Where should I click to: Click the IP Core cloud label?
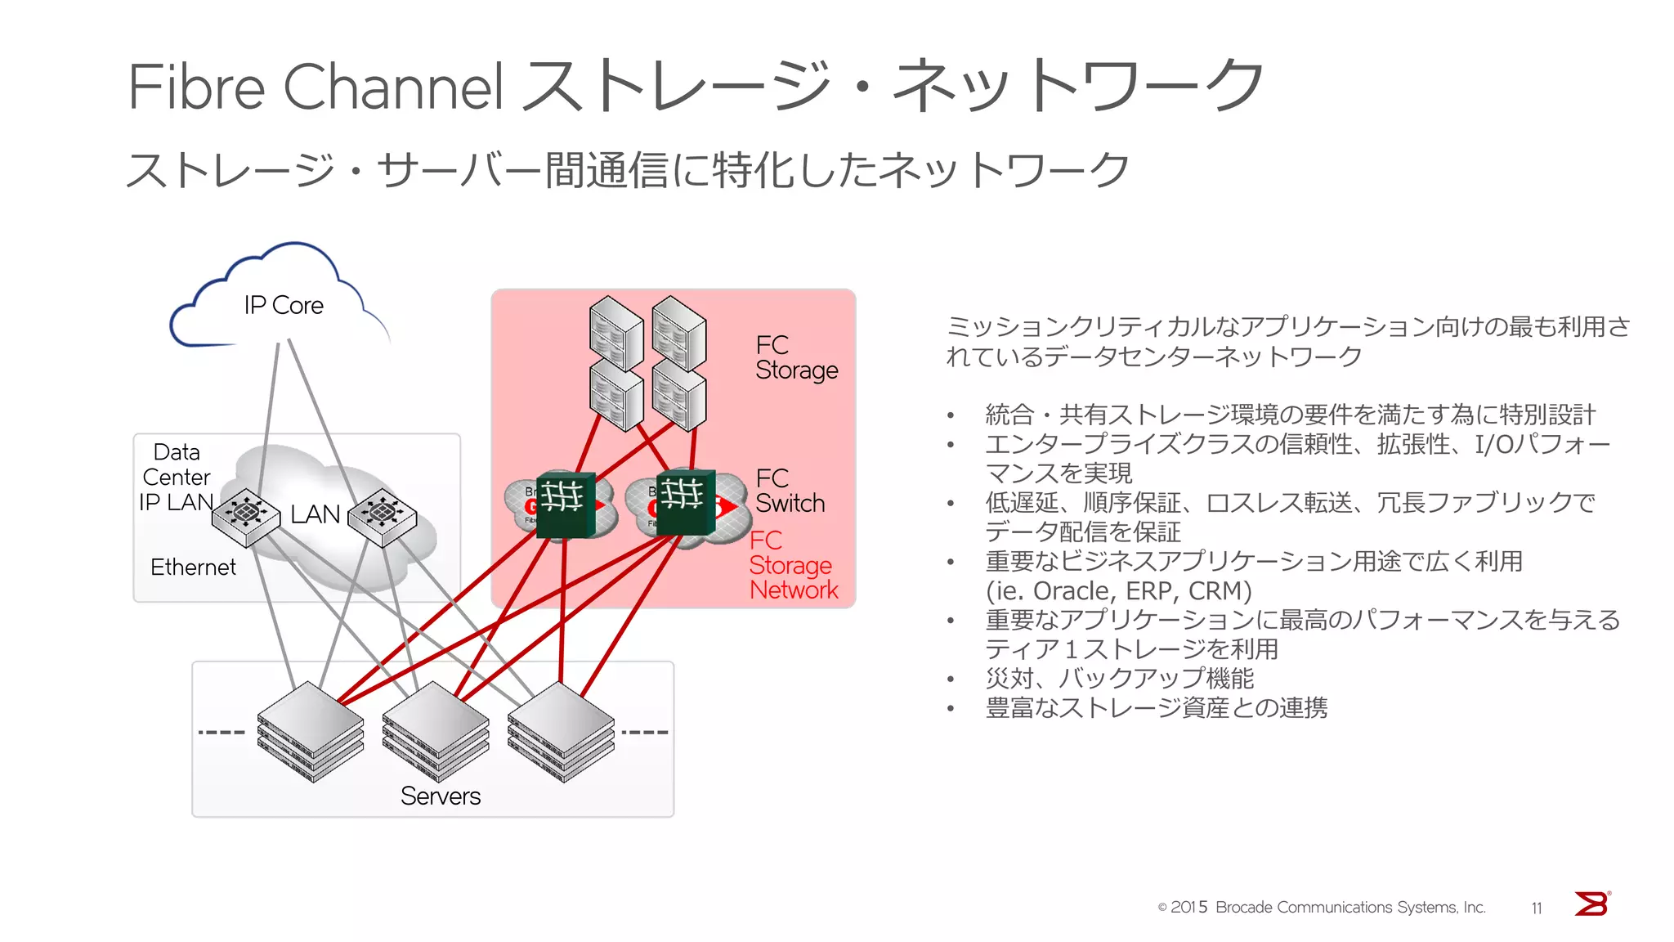pos(283,305)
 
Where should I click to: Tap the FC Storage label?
pos(795,357)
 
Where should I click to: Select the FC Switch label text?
pos(790,491)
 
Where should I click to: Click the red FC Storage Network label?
pos(793,565)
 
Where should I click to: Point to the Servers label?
pos(440,796)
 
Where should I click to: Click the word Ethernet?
pos(193,567)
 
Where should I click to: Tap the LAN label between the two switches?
pos(315,514)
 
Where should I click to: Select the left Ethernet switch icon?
pos(246,516)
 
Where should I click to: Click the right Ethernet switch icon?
pos(382,516)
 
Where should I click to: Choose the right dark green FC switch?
pos(685,501)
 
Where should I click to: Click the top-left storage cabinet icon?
pos(615,334)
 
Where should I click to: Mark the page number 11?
pos(1537,908)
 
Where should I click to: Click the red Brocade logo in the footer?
pos(1591,904)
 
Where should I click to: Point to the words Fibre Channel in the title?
pos(315,87)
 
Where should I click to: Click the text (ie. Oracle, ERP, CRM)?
pos(1118,590)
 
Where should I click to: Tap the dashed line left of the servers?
pos(222,732)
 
